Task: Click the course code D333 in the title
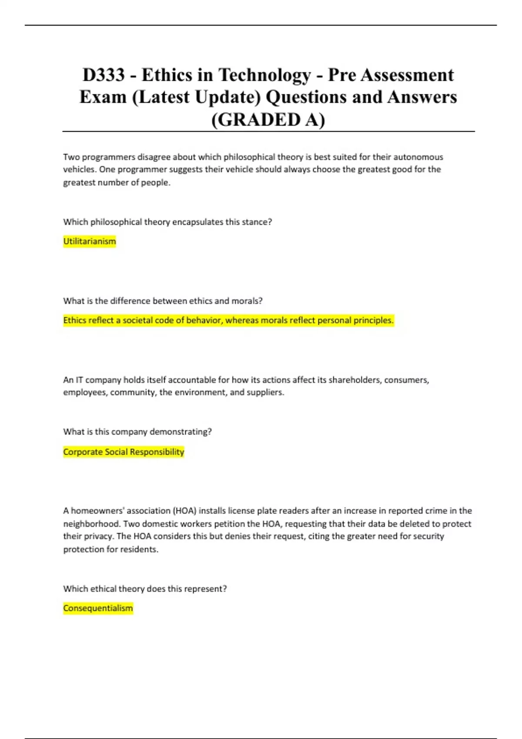click(104, 75)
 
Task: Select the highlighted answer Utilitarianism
click(90, 241)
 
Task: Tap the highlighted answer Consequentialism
click(98, 608)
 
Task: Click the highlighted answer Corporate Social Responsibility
click(124, 452)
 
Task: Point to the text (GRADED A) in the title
click(268, 120)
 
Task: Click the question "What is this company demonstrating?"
click(137, 432)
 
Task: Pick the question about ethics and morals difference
click(163, 301)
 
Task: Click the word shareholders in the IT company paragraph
click(354, 380)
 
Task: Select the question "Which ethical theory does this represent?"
click(145, 589)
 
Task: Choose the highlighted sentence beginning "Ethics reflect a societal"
click(228, 320)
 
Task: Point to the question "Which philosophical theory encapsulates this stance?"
click(167, 222)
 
